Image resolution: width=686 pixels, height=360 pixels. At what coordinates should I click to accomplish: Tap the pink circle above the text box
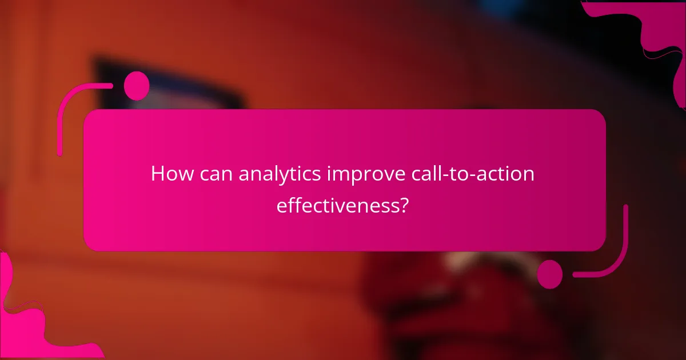(137, 86)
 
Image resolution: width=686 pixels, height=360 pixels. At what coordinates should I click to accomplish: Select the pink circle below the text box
(550, 274)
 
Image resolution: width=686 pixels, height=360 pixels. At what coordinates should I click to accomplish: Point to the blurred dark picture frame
(171, 86)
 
